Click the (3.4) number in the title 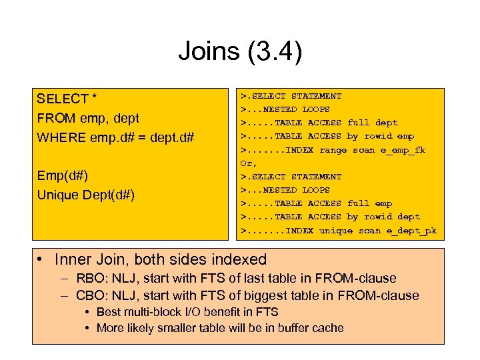tap(273, 51)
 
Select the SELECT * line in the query tap(67, 99)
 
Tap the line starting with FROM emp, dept tap(88, 118)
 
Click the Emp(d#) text tap(63, 176)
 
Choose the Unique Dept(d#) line tap(86, 195)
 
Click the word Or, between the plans tap(248, 163)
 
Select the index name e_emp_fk tap(401, 150)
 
